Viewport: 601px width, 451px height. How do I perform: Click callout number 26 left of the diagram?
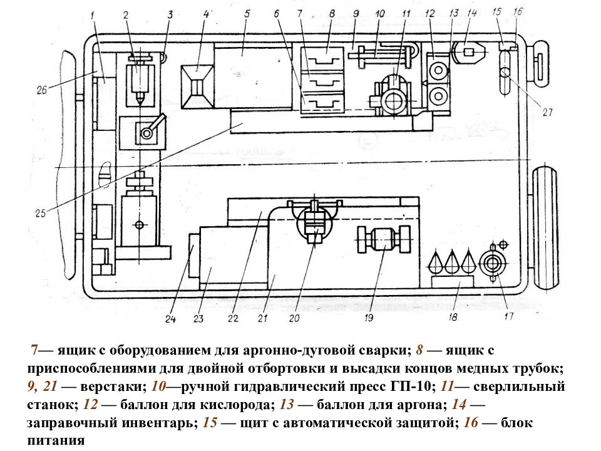tap(42, 90)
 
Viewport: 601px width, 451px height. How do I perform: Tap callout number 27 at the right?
tap(548, 111)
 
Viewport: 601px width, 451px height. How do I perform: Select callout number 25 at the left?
tap(41, 213)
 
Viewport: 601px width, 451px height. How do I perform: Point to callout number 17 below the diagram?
tap(508, 316)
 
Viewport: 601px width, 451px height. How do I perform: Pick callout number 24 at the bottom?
tap(170, 318)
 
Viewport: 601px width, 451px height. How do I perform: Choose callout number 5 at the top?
tap(247, 14)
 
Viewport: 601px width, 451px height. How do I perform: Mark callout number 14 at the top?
tap(472, 13)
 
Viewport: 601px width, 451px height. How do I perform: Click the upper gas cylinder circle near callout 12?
tap(438, 71)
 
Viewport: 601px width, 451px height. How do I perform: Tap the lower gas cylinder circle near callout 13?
tap(438, 95)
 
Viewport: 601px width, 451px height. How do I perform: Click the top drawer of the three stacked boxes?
tap(322, 58)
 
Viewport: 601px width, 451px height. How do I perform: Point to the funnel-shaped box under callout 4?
tap(197, 86)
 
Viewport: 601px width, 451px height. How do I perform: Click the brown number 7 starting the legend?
tap(34, 350)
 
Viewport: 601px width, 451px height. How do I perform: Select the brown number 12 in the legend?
tap(90, 405)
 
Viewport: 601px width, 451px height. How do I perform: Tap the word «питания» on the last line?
tap(56, 440)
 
